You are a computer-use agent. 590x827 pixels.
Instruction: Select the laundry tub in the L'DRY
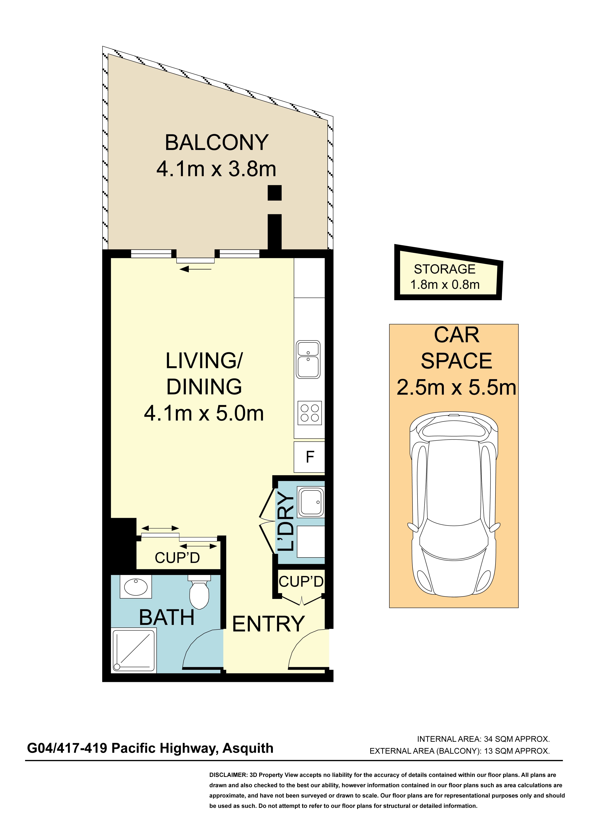pyautogui.click(x=311, y=502)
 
